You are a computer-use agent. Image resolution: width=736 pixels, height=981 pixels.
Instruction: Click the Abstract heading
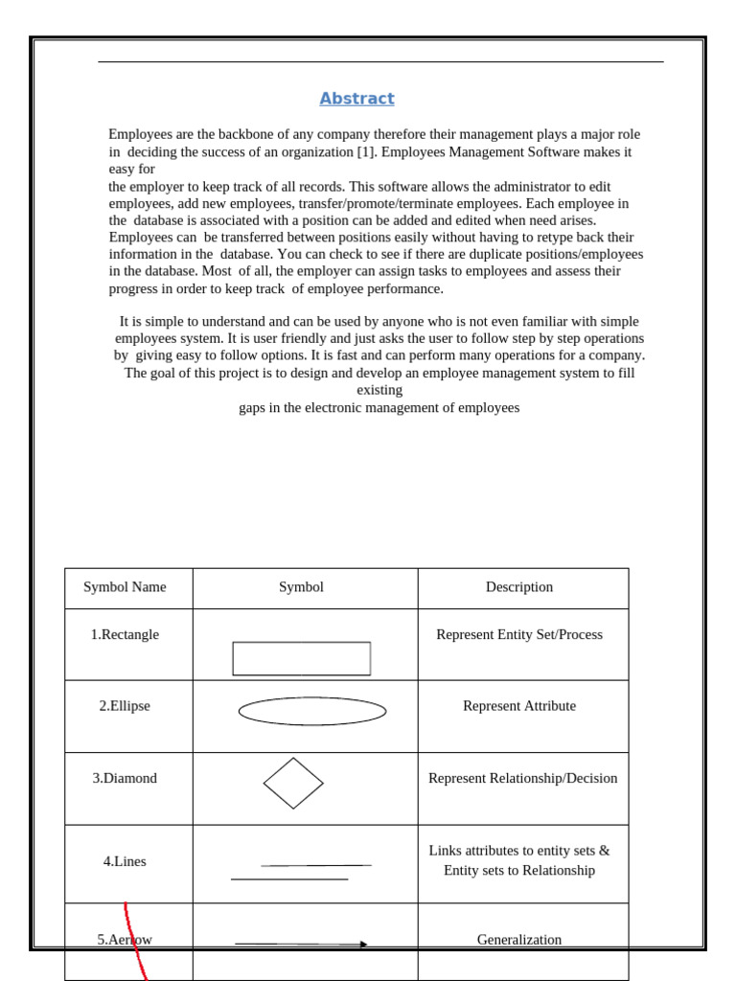[356, 99]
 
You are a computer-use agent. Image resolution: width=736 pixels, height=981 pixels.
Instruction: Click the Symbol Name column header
[125, 587]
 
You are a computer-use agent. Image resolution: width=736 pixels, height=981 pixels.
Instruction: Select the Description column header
[518, 587]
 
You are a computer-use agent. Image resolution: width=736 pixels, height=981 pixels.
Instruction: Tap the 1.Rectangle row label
[125, 634]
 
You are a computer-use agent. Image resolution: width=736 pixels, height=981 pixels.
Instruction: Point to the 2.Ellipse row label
[125, 706]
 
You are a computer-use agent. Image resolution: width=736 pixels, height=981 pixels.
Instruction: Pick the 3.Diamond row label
[125, 778]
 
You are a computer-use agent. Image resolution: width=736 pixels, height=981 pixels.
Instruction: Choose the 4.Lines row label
[125, 861]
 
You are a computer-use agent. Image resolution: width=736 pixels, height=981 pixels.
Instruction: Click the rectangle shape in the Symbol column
[301, 658]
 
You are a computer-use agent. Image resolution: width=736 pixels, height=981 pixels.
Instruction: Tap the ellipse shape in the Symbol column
[311, 711]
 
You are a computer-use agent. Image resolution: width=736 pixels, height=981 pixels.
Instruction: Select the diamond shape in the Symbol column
[293, 783]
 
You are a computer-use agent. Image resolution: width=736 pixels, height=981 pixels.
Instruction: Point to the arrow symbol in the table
[301, 944]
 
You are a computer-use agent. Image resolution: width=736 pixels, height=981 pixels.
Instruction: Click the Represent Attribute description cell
[519, 706]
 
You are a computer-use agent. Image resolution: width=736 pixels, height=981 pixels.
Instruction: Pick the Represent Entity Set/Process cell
[519, 634]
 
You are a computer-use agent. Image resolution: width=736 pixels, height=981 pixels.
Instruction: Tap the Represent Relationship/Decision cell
[522, 778]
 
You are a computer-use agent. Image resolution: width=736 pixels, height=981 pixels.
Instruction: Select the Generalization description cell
[519, 940]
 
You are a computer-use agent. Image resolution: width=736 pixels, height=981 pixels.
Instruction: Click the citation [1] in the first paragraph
[366, 151]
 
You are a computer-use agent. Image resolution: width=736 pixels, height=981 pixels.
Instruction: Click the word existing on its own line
[379, 390]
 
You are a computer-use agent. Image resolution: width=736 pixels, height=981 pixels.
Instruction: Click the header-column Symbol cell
[301, 587]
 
